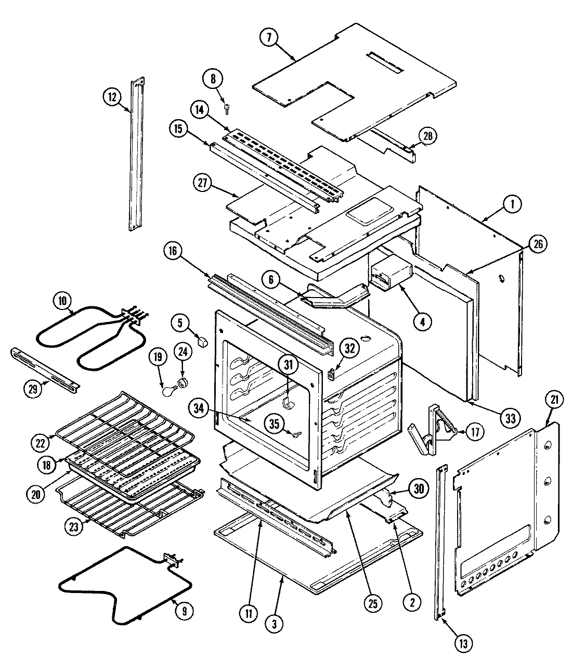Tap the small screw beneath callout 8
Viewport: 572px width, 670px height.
227,108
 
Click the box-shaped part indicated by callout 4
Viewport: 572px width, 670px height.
390,275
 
